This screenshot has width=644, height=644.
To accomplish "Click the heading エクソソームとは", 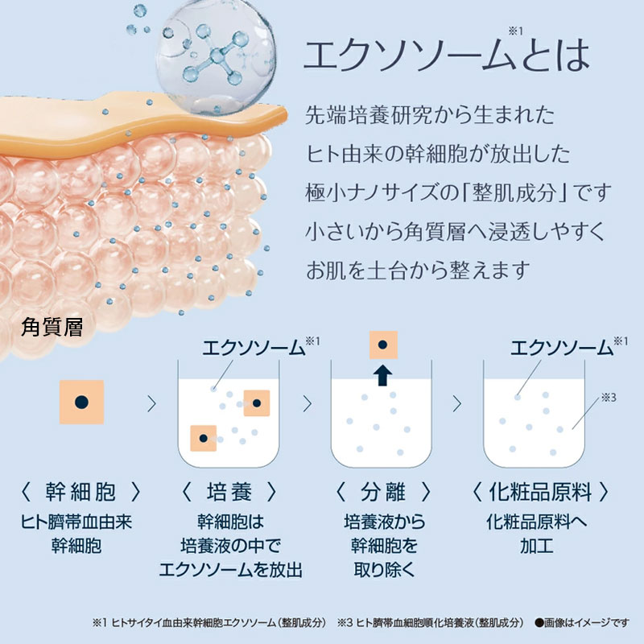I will pyautogui.click(x=445, y=54).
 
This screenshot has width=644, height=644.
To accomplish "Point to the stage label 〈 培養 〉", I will pyautogui.click(x=229, y=491).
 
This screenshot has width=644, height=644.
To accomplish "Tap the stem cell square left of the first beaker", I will pyautogui.click(x=81, y=402).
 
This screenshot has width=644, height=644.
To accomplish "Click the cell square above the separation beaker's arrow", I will pyautogui.click(x=382, y=345).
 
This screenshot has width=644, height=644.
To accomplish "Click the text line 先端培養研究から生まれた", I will pyautogui.click(x=430, y=114).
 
